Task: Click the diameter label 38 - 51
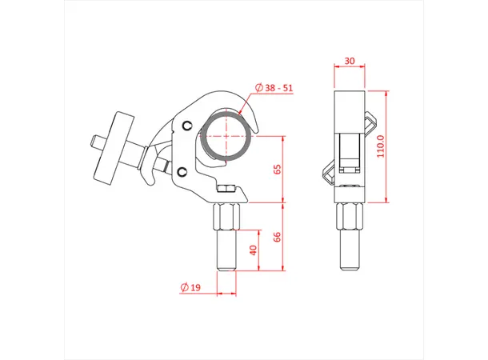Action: (x=274, y=87)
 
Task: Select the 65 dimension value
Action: (x=277, y=170)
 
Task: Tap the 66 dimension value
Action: (x=277, y=237)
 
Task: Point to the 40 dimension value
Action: (x=254, y=250)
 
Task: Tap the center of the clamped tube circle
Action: (x=227, y=136)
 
